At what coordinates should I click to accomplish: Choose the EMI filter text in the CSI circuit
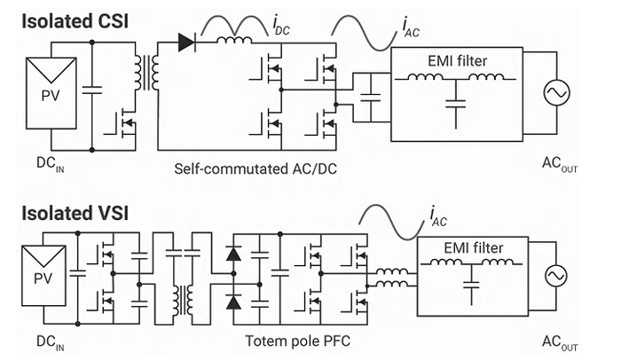(x=454, y=61)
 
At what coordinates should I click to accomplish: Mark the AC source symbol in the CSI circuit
(x=561, y=92)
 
